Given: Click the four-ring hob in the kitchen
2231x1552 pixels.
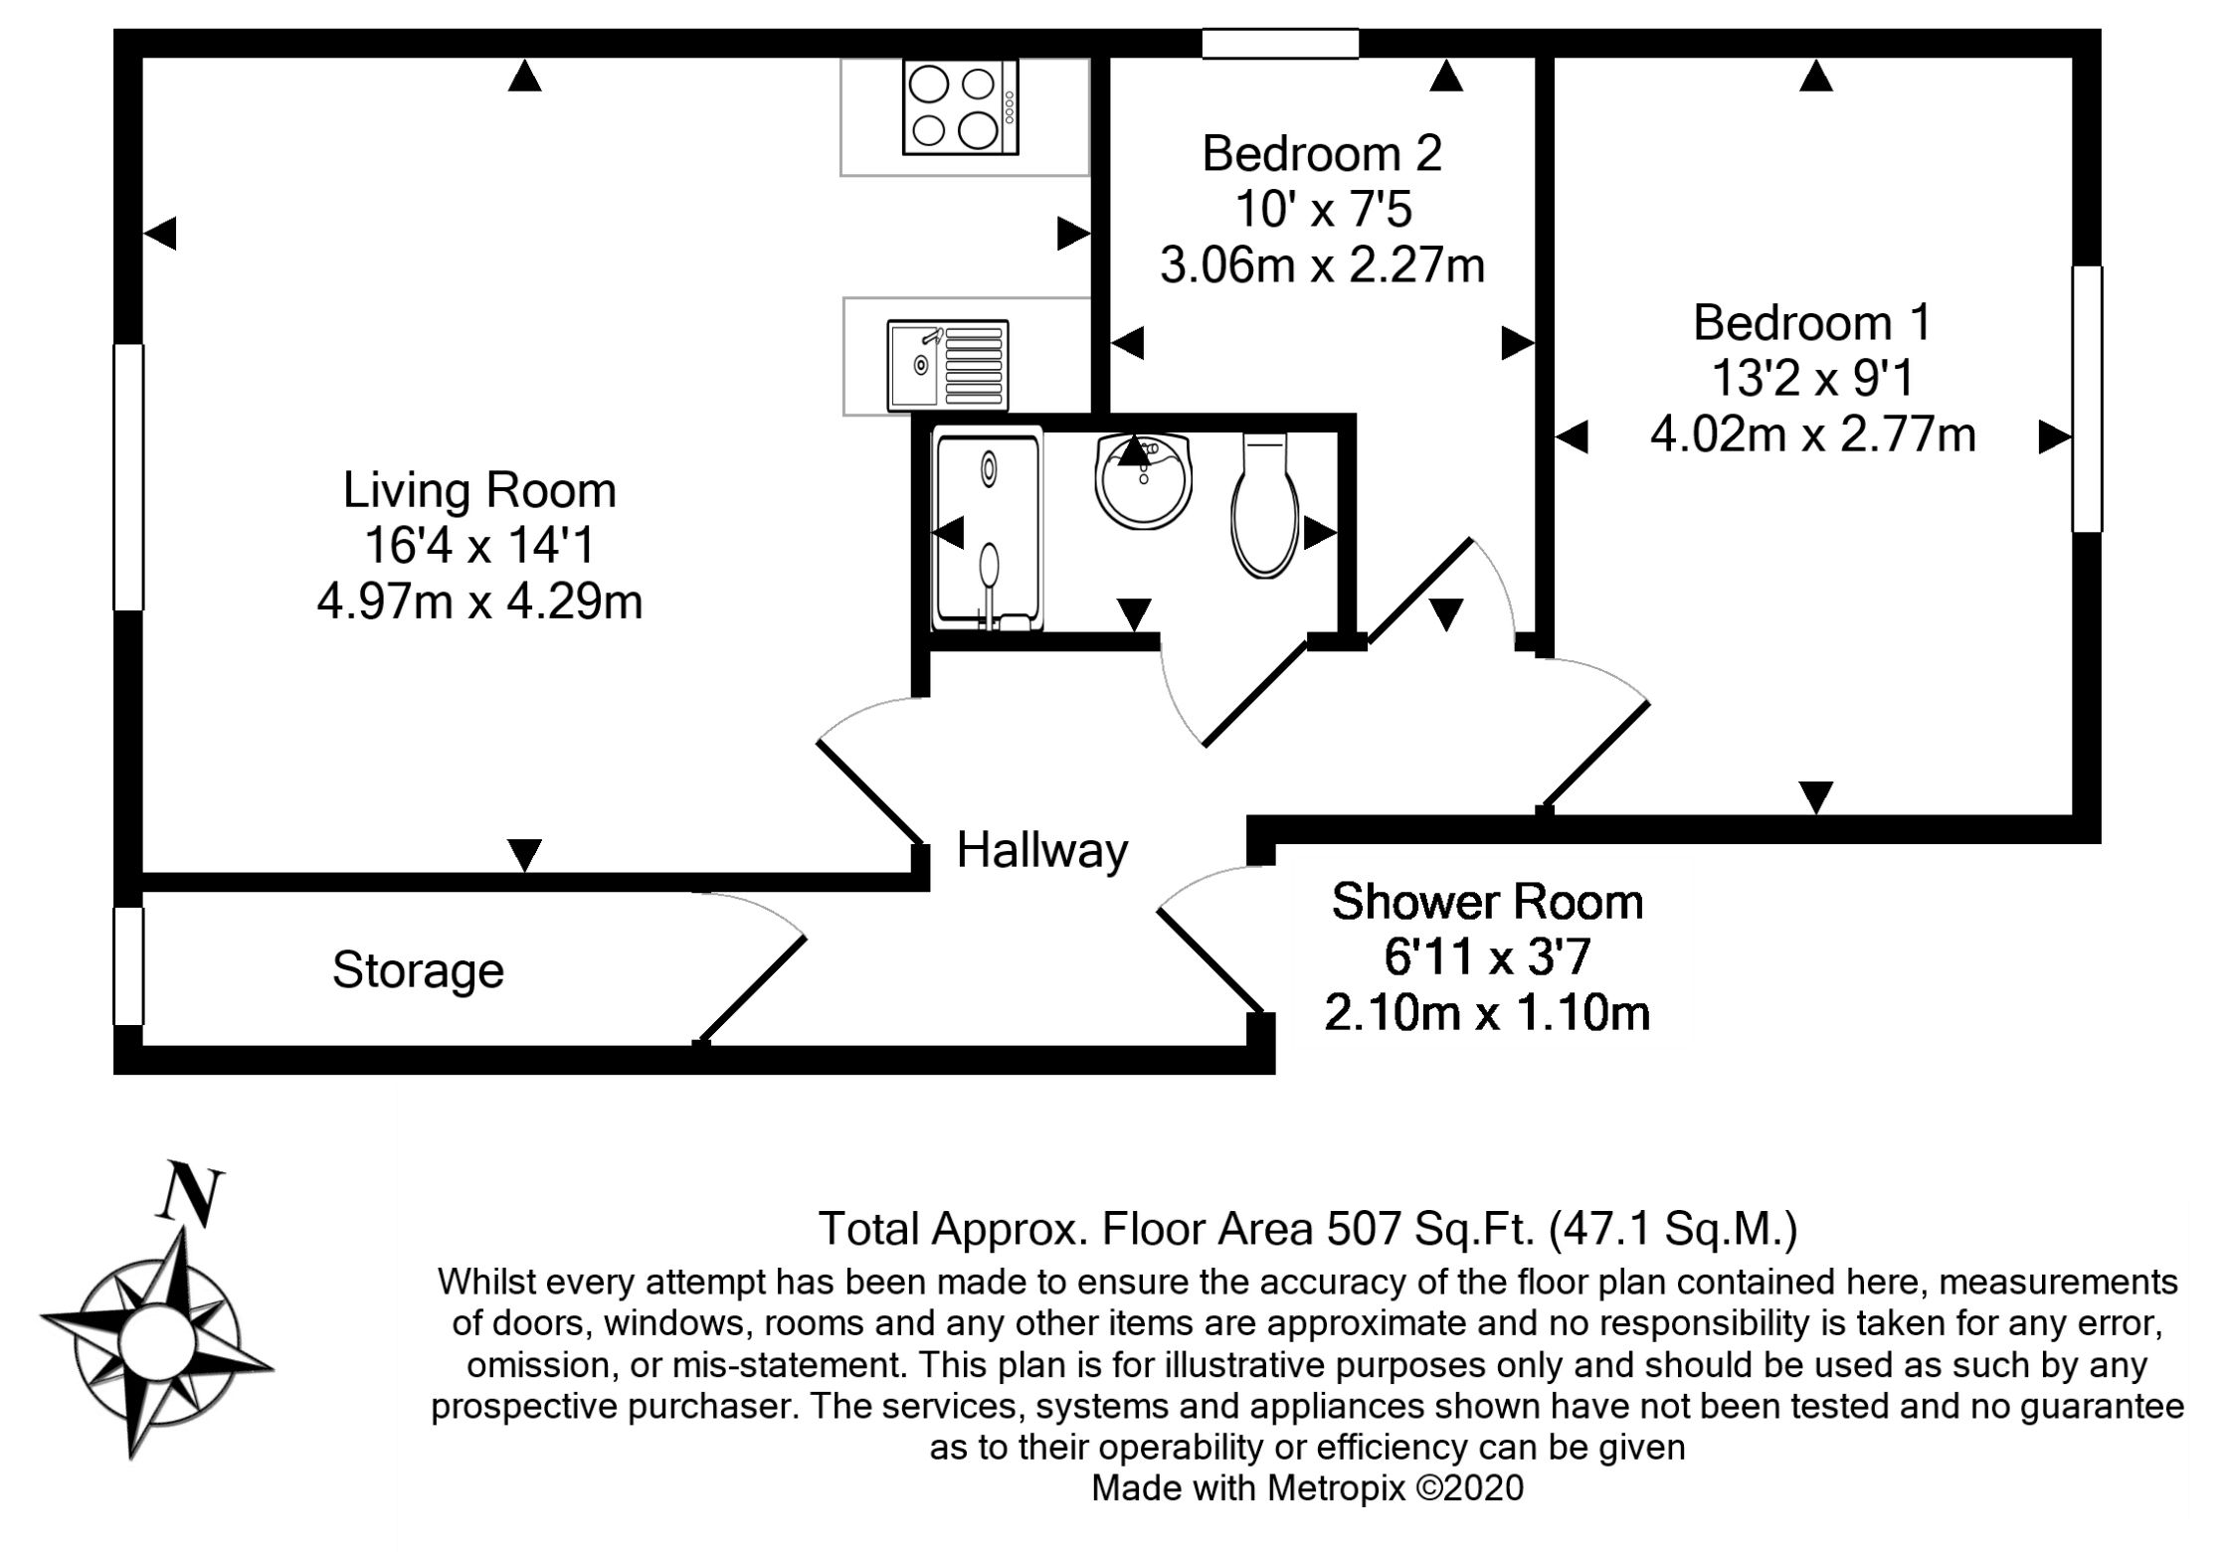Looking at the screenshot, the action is pos(960,107).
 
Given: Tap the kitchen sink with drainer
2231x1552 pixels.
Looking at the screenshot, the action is pos(948,365).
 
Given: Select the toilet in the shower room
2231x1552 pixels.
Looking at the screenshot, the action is pos(1265,505).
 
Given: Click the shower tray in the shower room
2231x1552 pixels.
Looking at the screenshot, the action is pos(988,529).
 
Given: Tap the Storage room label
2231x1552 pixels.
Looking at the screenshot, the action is pos(418,970).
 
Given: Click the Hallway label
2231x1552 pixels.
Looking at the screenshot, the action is pos(1042,850).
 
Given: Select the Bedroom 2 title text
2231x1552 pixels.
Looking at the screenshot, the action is pos(1322,153).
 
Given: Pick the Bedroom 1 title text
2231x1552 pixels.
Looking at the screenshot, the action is pos(1812,322).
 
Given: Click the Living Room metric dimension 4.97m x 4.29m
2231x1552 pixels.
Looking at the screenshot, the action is pos(479,602).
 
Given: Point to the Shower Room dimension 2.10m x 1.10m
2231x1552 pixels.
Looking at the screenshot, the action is pos(1487,1013).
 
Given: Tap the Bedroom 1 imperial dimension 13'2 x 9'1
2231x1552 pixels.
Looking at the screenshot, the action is pos(1812,379).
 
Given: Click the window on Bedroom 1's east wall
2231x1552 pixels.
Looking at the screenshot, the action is pos(2087,399).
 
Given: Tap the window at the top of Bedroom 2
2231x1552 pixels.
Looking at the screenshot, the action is pos(1280,44).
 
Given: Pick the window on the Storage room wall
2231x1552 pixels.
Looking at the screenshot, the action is pos(128,965).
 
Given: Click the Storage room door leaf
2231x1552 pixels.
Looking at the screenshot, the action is pos(750,990).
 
